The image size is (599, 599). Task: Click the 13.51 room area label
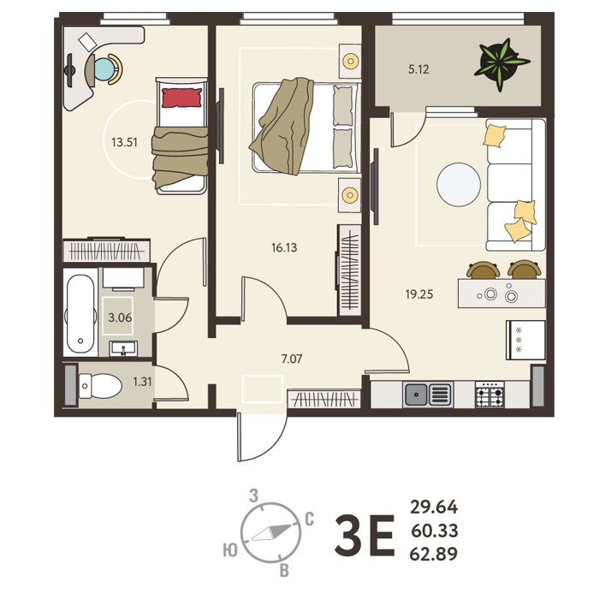pyautogui.click(x=124, y=143)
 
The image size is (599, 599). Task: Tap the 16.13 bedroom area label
pyautogui.click(x=284, y=247)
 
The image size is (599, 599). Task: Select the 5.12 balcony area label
pyautogui.click(x=418, y=69)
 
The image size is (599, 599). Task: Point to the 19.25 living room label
pyautogui.click(x=419, y=294)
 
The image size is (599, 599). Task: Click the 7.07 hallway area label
pyautogui.click(x=292, y=359)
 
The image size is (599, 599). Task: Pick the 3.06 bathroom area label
pyautogui.click(x=120, y=317)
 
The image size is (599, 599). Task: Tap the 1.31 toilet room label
pyautogui.click(x=142, y=382)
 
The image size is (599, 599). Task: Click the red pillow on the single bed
pyautogui.click(x=181, y=98)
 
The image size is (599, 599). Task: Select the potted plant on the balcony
pyautogui.click(x=501, y=64)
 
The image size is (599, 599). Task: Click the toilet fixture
pyautogui.click(x=99, y=386)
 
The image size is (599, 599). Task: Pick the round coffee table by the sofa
pyautogui.click(x=459, y=185)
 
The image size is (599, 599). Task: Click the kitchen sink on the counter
pyautogui.click(x=428, y=394)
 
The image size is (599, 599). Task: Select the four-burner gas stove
pyautogui.click(x=489, y=394)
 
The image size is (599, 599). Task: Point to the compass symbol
pyautogui.click(x=271, y=532)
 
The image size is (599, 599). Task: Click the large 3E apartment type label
pyautogui.click(x=364, y=535)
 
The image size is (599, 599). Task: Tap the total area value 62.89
pyautogui.click(x=434, y=554)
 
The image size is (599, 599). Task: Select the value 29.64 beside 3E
pyautogui.click(x=434, y=507)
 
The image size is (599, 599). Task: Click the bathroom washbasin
pyautogui.click(x=123, y=348)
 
